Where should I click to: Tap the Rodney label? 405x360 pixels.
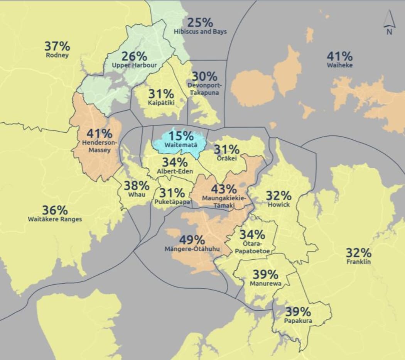(57, 55)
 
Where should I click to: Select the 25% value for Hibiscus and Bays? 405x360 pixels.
(200, 22)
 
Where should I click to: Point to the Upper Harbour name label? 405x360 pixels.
(134, 65)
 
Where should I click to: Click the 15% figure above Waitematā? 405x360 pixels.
(181, 136)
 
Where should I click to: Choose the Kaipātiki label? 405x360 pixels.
(161, 103)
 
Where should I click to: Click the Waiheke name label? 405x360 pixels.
(339, 65)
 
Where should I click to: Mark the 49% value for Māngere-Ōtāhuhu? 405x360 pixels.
(192, 240)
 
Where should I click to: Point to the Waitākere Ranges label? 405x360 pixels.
(55, 219)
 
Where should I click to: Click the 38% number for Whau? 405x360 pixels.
(136, 186)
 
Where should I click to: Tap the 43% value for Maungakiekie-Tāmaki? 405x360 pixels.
(224, 189)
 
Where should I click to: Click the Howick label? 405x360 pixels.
(278, 205)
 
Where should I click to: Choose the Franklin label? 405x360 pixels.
(358, 262)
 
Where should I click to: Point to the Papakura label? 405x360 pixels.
(298, 321)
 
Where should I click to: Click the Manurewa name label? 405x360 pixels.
(265, 284)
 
